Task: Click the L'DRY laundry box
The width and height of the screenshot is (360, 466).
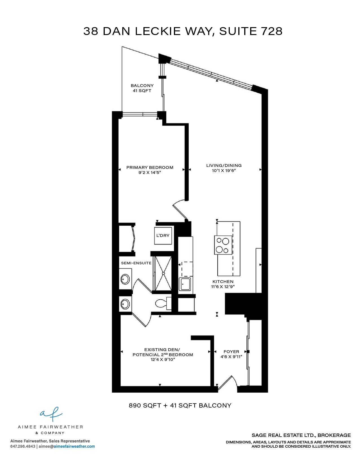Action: pos(163,236)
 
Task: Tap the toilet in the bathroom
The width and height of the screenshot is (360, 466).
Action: pos(163,303)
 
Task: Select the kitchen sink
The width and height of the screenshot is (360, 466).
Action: pos(185,284)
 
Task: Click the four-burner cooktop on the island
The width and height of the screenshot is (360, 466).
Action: pos(223,245)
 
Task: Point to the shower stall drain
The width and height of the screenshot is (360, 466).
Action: pos(163,273)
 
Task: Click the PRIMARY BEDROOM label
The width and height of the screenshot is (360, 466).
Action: pos(150,167)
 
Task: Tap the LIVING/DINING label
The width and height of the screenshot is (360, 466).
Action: pos(224,166)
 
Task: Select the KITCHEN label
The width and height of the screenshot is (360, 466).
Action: pos(223,282)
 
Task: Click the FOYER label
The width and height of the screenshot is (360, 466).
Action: pos(231,352)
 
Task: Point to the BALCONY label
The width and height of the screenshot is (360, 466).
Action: pos(142,86)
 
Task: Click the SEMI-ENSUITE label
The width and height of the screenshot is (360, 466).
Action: pos(136,263)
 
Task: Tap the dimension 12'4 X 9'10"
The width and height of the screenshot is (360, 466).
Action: pos(163,360)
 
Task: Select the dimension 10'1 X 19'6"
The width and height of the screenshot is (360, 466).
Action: pos(224,171)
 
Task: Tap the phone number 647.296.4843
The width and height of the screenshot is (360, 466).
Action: pos(23,447)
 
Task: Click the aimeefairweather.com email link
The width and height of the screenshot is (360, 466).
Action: pos(74,447)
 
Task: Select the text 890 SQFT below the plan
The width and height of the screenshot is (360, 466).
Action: pos(145,406)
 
